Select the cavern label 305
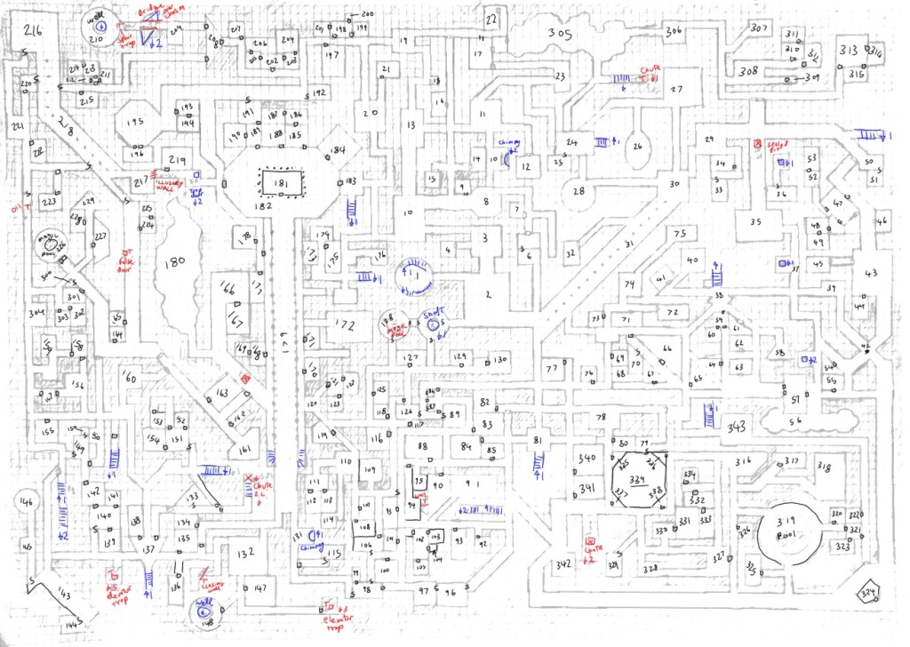tap(558, 35)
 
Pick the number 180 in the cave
tap(174, 261)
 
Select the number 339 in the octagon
tap(637, 480)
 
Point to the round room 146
tap(26, 503)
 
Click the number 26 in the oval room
tap(636, 147)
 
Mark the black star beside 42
tap(867, 353)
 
